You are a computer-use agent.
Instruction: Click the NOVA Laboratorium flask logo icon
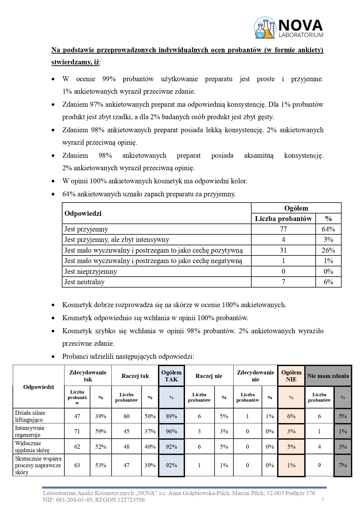[x=265, y=28]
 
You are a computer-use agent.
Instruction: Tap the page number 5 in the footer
[x=323, y=499]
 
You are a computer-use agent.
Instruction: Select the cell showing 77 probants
[x=283, y=229]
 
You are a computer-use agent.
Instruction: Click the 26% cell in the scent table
[x=328, y=250]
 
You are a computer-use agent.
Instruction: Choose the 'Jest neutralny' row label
[x=84, y=282]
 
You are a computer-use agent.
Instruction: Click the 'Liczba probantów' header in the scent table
[x=283, y=219]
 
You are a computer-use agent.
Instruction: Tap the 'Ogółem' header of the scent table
[x=296, y=208]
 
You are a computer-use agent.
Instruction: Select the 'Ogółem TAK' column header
[x=171, y=376]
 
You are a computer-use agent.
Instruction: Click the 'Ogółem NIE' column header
[x=291, y=376]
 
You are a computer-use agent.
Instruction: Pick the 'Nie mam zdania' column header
[x=328, y=376]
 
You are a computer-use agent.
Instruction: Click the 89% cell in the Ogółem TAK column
[x=171, y=416]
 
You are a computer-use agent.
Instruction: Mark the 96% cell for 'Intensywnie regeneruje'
[x=171, y=431]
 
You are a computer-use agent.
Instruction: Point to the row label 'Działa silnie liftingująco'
[x=30, y=416]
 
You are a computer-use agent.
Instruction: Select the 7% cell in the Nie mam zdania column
[x=343, y=465]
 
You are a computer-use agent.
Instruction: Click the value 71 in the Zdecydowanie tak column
[x=77, y=431]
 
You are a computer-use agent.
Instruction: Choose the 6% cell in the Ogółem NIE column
[x=291, y=416]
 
